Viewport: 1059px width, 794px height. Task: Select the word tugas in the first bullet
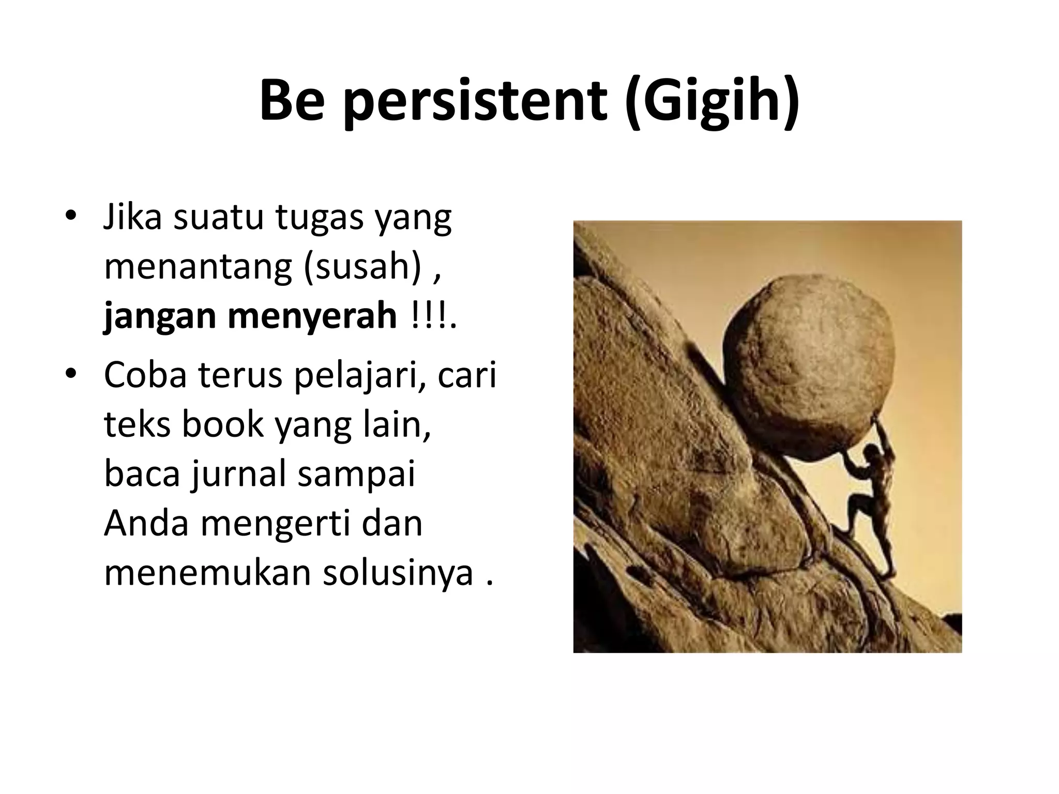(x=320, y=218)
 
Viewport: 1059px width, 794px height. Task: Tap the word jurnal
(x=239, y=475)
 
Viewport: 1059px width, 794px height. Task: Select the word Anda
(x=146, y=523)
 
